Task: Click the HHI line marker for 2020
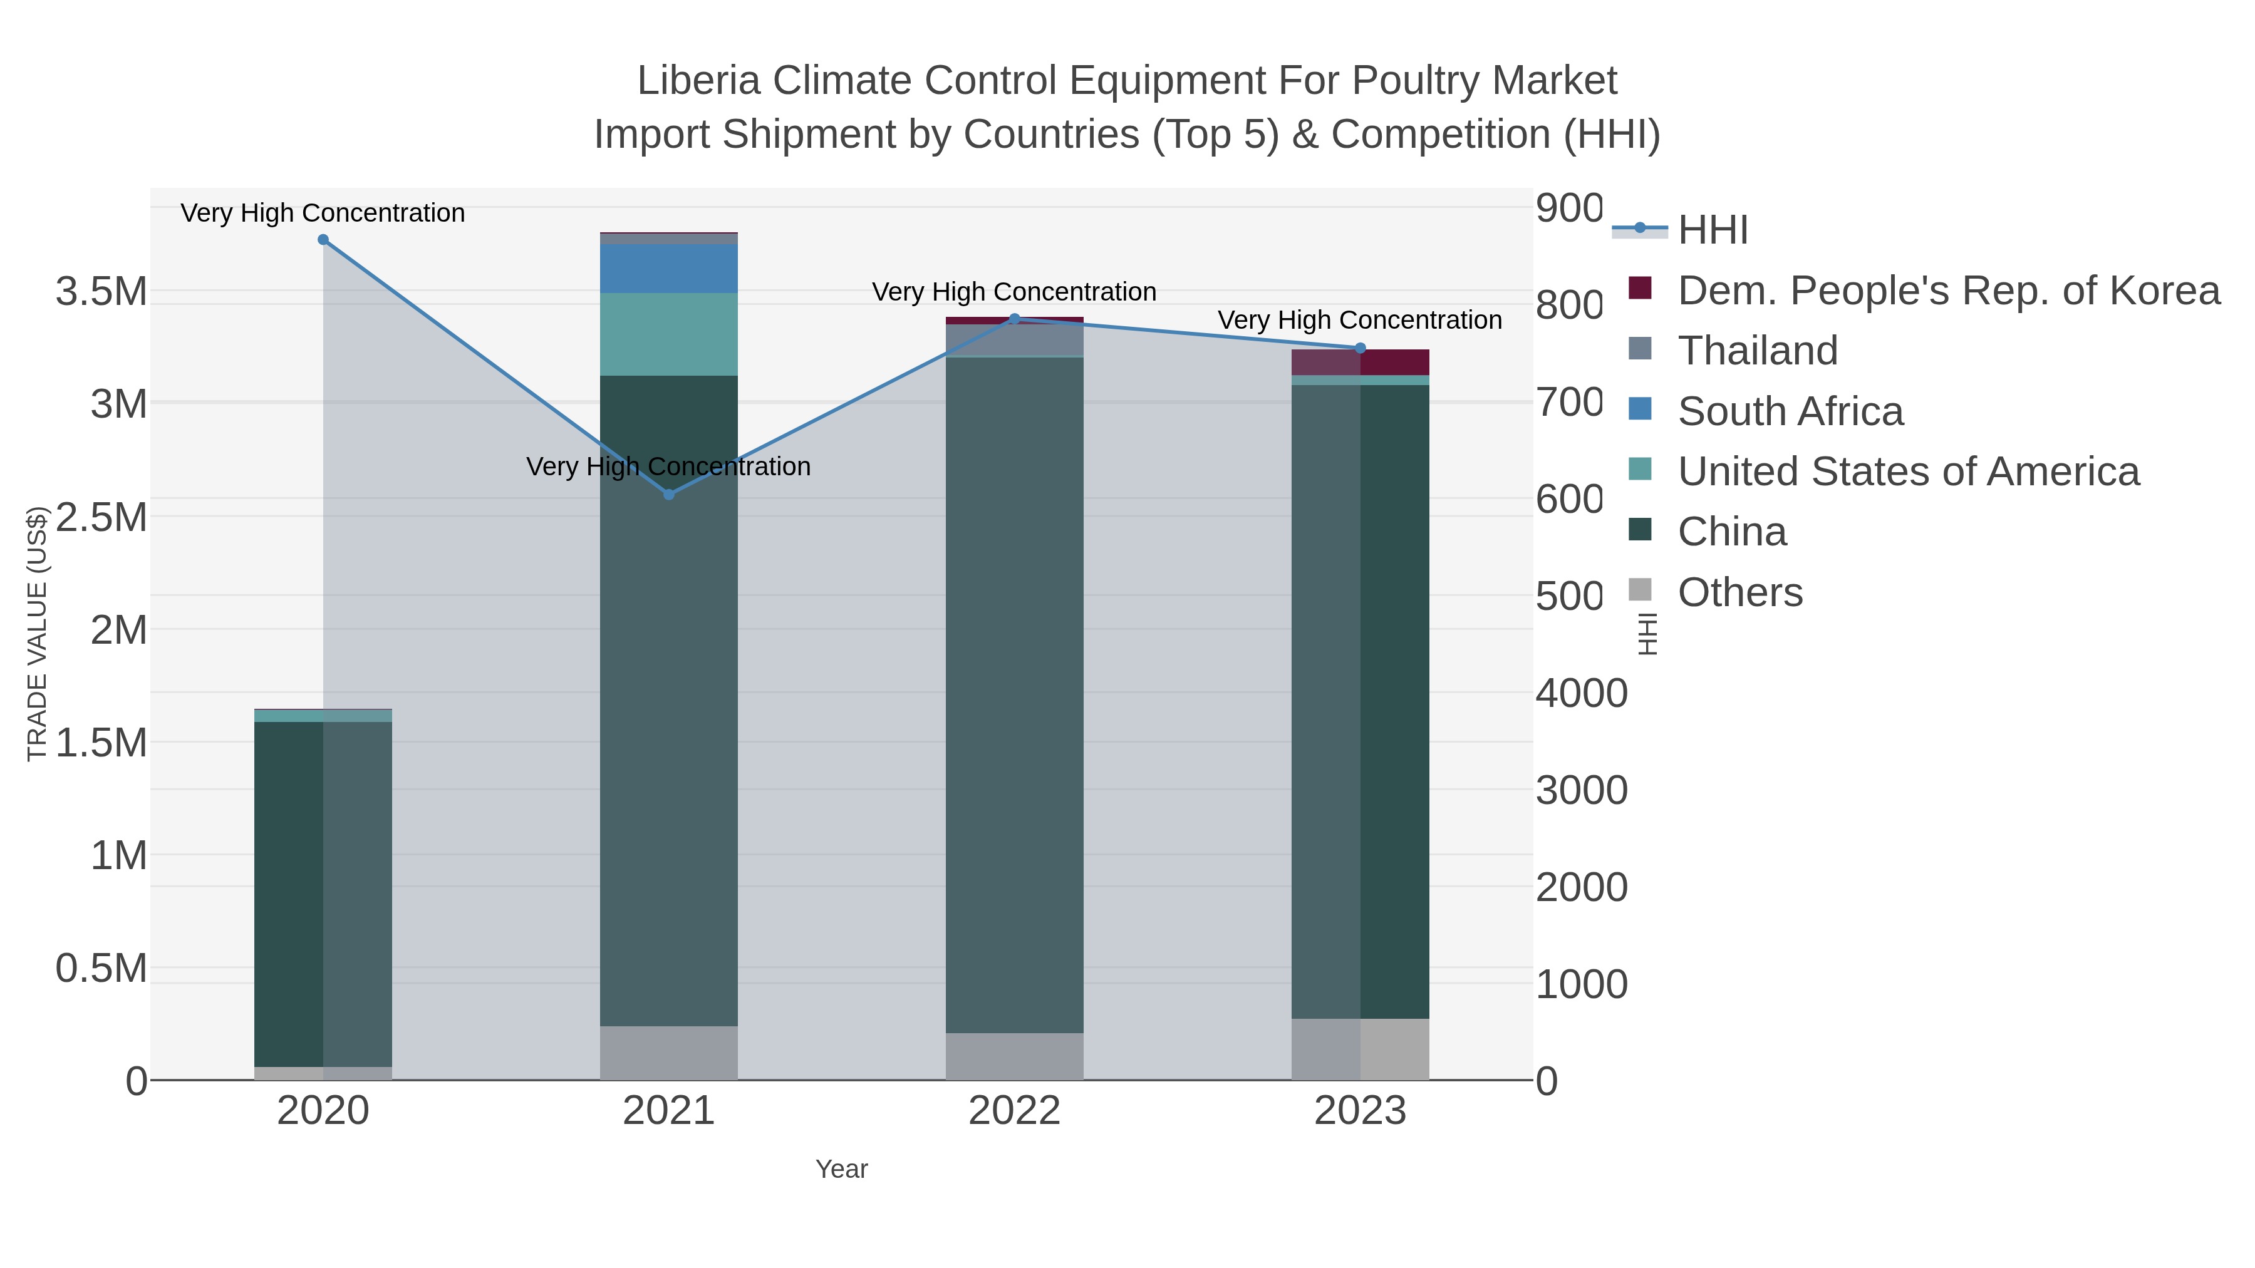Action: pos(323,240)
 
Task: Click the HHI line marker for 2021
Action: pos(669,495)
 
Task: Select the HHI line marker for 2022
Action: pos(1015,319)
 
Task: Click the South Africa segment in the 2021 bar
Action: pos(669,269)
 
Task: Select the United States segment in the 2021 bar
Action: pos(669,334)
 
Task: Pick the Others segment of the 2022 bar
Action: pos(1015,1056)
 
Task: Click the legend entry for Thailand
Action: pos(1758,351)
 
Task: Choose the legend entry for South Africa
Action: pos(1790,411)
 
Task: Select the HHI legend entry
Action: pos(1713,230)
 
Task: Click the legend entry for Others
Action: pos(1740,592)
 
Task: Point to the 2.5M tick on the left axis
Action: pos(101,517)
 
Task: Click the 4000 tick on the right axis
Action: pos(1581,693)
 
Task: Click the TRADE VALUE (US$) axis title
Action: pos(37,634)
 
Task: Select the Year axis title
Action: pos(841,1169)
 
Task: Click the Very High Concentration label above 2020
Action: pos(323,213)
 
